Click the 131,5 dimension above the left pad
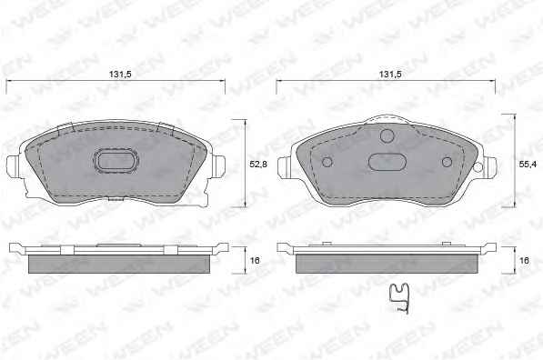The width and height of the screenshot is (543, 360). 120,74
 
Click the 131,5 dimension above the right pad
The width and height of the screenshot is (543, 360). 390,74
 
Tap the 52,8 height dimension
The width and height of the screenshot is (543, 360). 258,164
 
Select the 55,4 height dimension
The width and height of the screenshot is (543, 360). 528,164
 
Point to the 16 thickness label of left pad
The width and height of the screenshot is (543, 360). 255,260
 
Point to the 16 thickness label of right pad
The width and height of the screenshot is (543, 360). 524,260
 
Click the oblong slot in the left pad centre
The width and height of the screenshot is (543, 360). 116,161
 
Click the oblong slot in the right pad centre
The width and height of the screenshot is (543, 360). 387,162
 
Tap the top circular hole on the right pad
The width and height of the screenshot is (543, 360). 387,135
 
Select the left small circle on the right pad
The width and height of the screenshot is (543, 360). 327,162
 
